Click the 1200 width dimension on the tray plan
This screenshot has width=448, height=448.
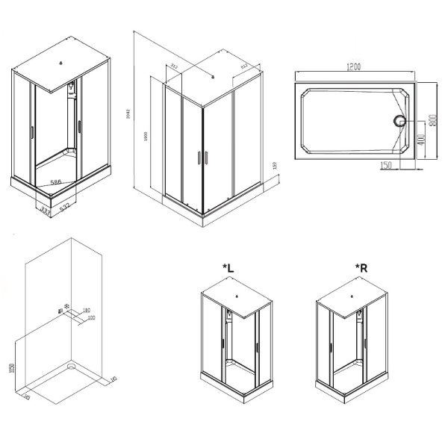point(354,68)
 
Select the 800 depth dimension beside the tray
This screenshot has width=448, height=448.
point(432,121)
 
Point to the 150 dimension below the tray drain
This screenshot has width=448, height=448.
point(386,165)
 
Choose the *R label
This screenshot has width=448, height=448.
point(360,267)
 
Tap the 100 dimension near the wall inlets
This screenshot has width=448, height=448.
point(91,318)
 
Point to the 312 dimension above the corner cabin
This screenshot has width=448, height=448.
point(174,66)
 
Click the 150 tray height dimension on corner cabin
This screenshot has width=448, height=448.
point(275,166)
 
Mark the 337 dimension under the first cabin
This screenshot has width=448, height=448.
point(46,212)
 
